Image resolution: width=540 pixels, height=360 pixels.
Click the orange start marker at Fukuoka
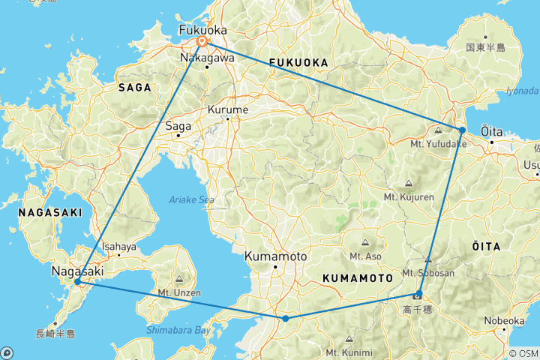[202, 41]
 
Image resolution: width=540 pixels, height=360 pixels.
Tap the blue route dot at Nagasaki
[78, 281]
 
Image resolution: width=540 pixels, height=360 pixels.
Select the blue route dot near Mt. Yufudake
[463, 130]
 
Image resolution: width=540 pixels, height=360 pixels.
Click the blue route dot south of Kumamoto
[286, 319]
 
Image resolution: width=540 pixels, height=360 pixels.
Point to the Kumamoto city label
[275, 256]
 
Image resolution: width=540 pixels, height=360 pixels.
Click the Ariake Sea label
[192, 199]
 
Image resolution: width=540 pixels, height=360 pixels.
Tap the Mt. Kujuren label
[408, 196]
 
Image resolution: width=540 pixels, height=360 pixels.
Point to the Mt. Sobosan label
[428, 273]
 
